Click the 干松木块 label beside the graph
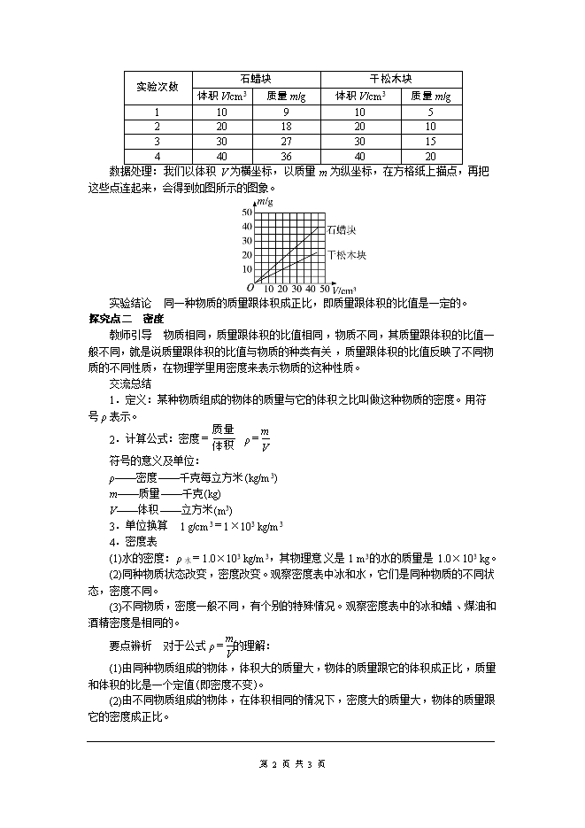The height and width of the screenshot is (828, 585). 346,255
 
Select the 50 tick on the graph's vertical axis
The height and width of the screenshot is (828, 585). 247,213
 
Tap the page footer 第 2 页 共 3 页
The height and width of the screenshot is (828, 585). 293,762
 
